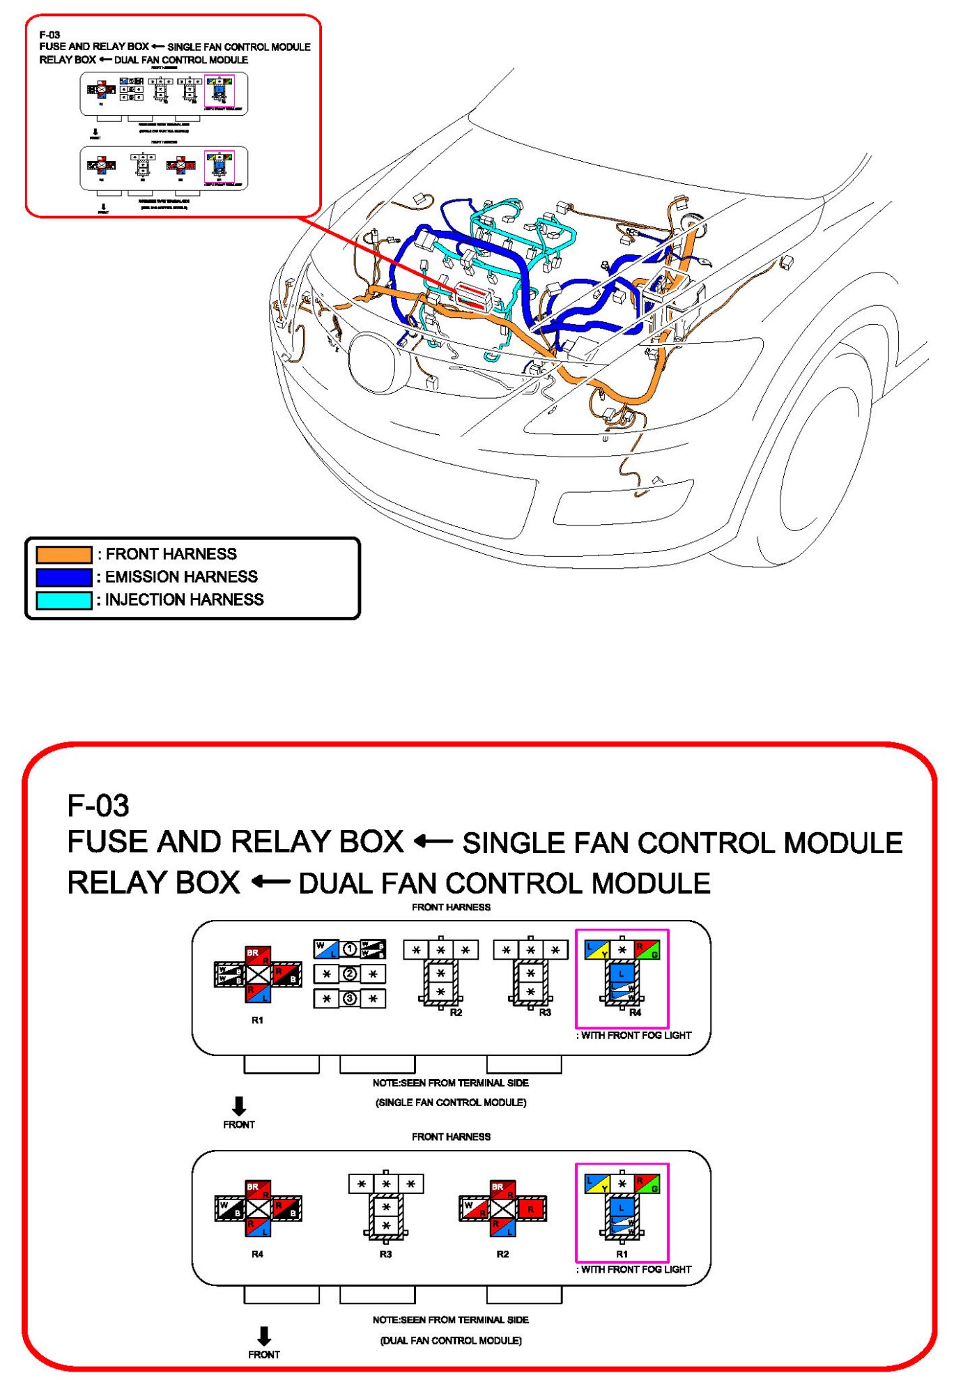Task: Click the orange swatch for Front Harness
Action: coord(63,555)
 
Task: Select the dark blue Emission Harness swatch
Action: coord(63,578)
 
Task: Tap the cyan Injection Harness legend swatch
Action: coord(63,601)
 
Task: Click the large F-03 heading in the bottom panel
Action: coord(98,806)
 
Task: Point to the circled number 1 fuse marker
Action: coord(350,949)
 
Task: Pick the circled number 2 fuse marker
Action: coord(350,974)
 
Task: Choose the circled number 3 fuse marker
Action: coord(350,999)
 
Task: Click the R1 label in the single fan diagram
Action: coord(258,1020)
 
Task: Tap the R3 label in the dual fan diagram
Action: coord(385,1255)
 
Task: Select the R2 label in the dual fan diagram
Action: coord(502,1255)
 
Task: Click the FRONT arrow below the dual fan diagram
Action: coord(263,1336)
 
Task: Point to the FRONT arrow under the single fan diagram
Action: coord(239,1106)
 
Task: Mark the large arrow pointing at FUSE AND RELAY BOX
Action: coord(433,842)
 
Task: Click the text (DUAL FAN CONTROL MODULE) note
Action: coord(451,1341)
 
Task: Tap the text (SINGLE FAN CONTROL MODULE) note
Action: coord(451,1103)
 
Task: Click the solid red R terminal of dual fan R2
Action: coord(532,1209)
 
